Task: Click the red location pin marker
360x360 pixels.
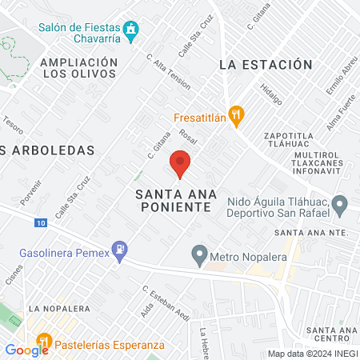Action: (x=181, y=163)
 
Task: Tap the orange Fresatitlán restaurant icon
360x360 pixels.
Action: (x=235, y=116)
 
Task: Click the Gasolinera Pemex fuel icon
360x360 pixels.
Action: (x=120, y=251)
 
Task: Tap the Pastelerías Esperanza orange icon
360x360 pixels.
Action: (x=45, y=345)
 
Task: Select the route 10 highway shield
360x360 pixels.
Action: (x=41, y=223)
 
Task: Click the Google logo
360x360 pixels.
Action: (x=27, y=350)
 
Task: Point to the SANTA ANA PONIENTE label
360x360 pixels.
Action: (x=173, y=200)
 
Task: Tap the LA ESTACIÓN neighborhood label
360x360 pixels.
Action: (x=264, y=64)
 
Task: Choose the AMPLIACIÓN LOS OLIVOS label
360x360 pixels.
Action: (x=79, y=67)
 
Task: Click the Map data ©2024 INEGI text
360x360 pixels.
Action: (x=311, y=354)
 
